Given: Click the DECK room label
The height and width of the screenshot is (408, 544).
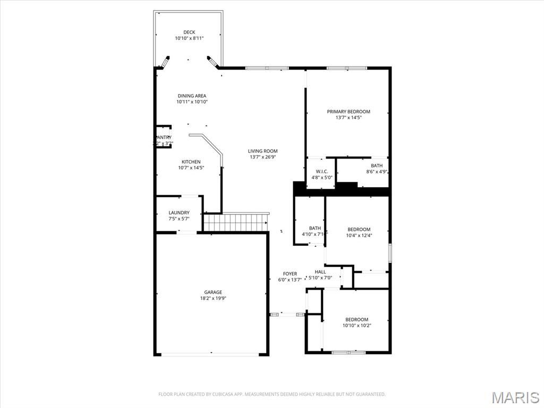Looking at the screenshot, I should [189, 32].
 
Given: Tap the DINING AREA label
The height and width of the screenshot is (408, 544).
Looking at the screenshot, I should [192, 96].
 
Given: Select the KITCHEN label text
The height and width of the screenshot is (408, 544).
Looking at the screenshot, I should [191, 162].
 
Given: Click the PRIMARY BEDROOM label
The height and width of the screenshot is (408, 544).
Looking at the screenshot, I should [348, 112].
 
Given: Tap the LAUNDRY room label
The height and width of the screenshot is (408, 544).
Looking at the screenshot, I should [179, 213].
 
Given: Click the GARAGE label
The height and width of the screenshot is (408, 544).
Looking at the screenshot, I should [213, 292].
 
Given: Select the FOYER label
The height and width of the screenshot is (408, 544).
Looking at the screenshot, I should [290, 274].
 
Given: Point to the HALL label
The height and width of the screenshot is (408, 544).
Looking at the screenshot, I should [320, 272].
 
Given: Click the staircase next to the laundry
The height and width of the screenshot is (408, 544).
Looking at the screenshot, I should [235, 222].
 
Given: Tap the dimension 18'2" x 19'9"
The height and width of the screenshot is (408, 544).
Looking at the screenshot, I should [213, 298].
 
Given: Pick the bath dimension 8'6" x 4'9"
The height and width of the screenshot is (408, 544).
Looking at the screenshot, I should [377, 172].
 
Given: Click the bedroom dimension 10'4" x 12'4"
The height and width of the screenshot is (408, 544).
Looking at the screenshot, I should [359, 236].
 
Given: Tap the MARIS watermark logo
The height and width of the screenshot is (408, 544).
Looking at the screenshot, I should [515, 397].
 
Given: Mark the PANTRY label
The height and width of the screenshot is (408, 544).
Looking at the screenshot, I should [164, 137].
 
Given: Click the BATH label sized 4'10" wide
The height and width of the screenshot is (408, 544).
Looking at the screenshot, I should [315, 228].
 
